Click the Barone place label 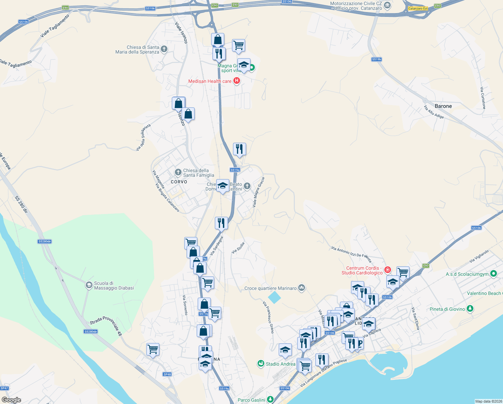(x=443, y=106)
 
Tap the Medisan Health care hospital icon (x=237, y=81)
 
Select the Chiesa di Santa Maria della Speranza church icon (x=164, y=49)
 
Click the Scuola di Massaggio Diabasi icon (x=89, y=285)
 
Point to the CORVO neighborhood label (x=179, y=182)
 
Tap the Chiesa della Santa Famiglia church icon (x=178, y=173)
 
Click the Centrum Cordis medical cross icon (x=388, y=270)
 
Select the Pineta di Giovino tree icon (x=470, y=309)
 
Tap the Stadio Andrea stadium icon (x=261, y=364)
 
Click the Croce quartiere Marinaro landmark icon (x=302, y=288)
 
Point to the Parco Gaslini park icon (x=270, y=400)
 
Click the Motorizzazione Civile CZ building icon (x=387, y=5)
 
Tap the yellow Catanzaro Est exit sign (x=418, y=8)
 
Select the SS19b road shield (x=377, y=59)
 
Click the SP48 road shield (x=167, y=374)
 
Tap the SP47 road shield (x=4, y=388)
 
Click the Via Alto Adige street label (x=434, y=112)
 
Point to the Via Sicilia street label (x=238, y=248)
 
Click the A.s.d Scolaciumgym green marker (x=493, y=273)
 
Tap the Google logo (x=11, y=400)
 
